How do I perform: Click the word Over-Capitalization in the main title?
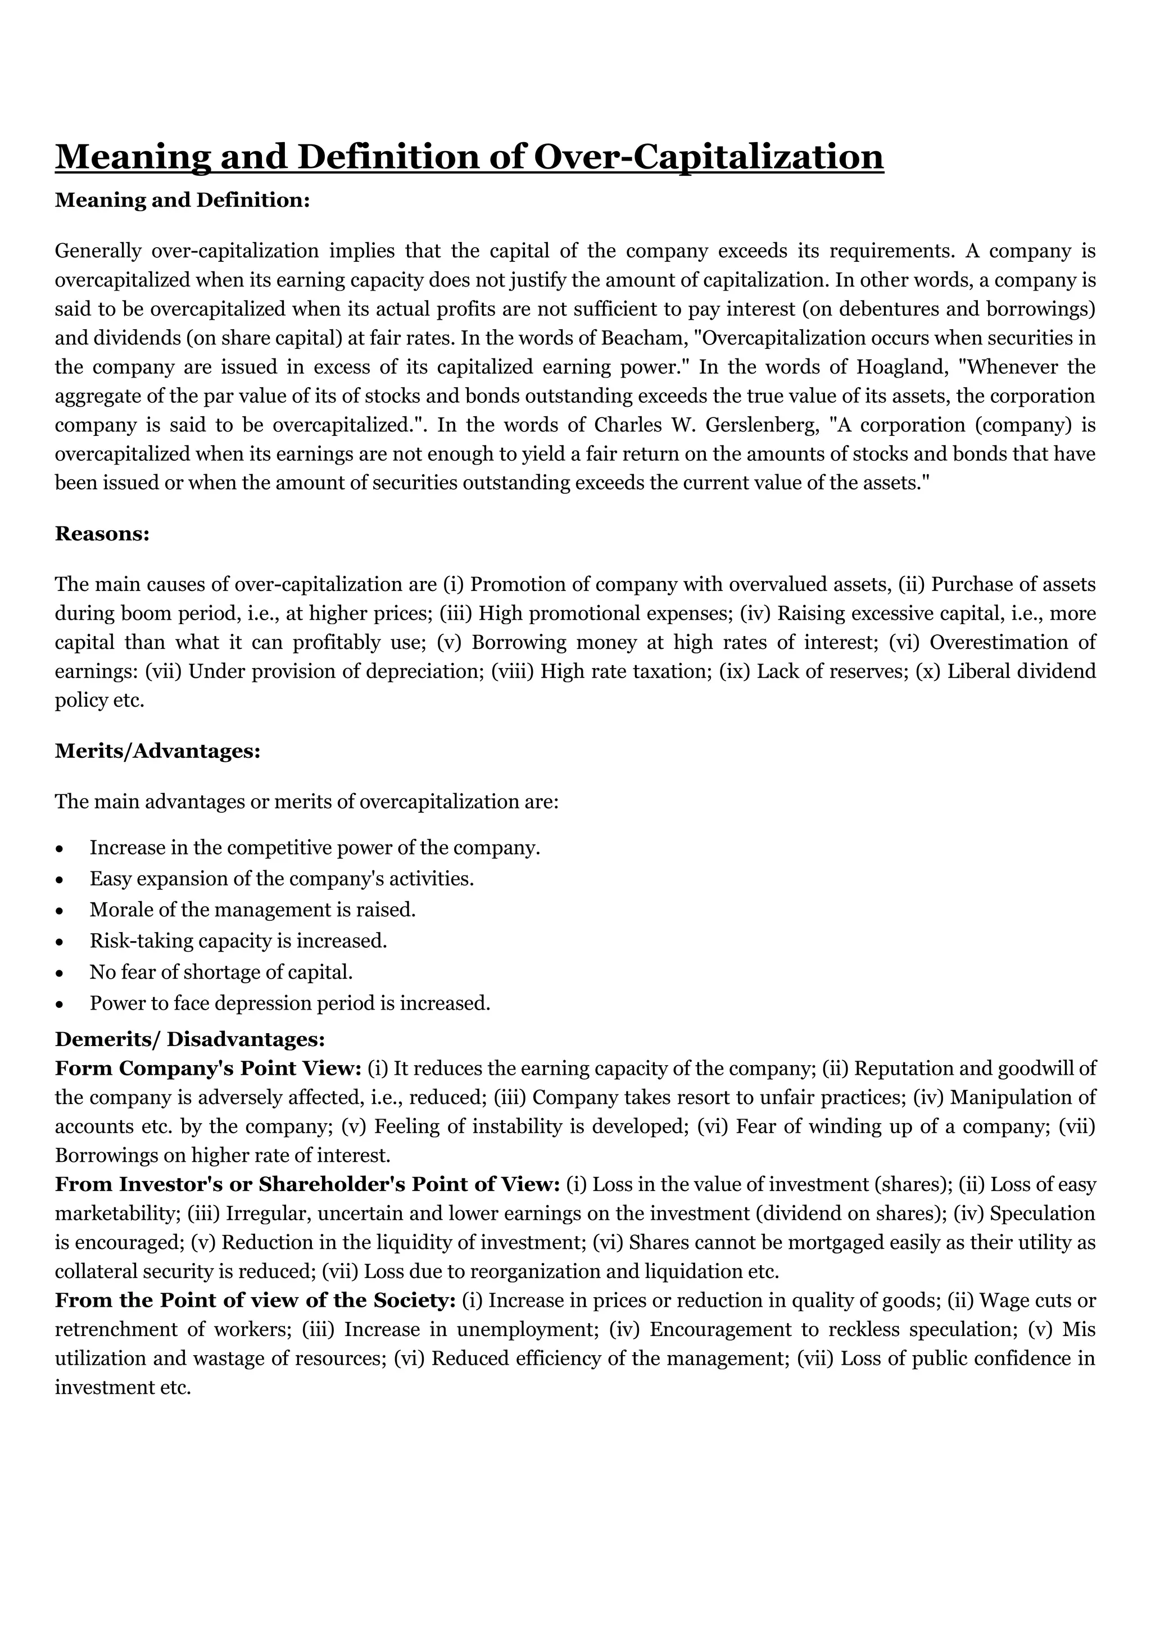(708, 157)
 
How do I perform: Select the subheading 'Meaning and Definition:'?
(183, 201)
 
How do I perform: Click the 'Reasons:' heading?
(102, 534)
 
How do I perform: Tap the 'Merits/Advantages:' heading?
(157, 751)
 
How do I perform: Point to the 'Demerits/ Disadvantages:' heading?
(190, 1039)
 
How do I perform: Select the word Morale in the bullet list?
(120, 910)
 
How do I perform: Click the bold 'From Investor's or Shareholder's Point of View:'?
(307, 1185)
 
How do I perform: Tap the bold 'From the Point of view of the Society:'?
(255, 1301)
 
